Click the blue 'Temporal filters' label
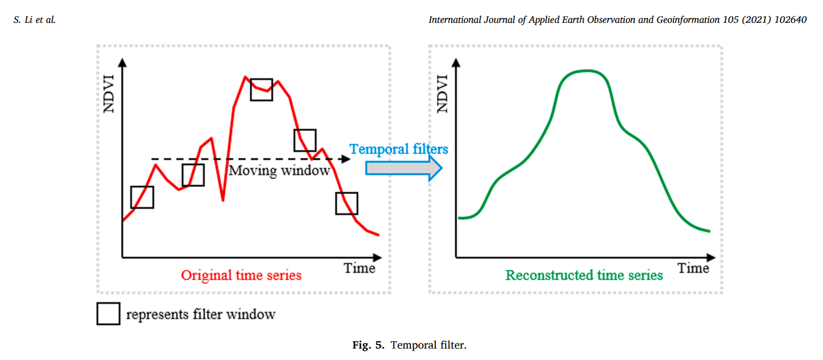[x=399, y=149]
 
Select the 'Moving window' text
[x=279, y=170]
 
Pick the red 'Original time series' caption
[x=241, y=275]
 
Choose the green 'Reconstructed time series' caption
[x=584, y=275]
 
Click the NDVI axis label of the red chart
[x=109, y=94]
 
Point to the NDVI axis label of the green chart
[x=443, y=94]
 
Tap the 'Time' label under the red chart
[x=359, y=268]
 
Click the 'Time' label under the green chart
[x=693, y=268]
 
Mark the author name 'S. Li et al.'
[x=34, y=19]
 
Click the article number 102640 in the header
[x=790, y=19]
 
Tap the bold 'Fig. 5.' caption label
[x=368, y=345]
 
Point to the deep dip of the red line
[x=223, y=200]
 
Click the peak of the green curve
[x=587, y=71]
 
